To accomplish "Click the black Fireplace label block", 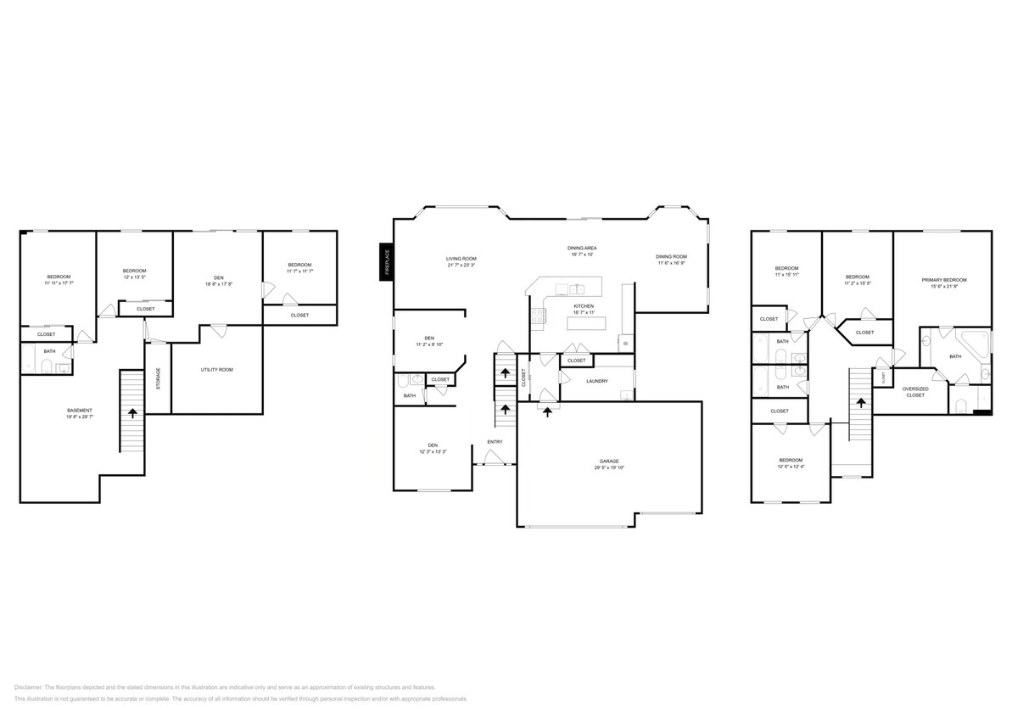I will click(386, 260).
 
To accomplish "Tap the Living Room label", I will click(461, 258).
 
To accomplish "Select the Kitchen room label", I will click(584, 305).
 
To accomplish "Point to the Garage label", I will click(609, 461).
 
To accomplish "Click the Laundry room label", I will click(596, 381).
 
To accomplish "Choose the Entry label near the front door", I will click(495, 441).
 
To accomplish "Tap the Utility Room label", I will click(216, 370).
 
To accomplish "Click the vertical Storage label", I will click(159, 378).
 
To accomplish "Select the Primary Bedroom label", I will click(944, 279).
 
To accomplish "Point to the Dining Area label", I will click(582, 248).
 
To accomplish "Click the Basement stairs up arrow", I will click(132, 412).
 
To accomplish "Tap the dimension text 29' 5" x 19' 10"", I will click(609, 468).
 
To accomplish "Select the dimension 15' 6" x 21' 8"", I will click(944, 286).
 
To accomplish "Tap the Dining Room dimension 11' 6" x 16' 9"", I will click(671, 263).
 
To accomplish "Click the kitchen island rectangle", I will click(583, 322).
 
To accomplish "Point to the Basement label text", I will click(79, 411).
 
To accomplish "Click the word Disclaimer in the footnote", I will click(29, 687).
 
